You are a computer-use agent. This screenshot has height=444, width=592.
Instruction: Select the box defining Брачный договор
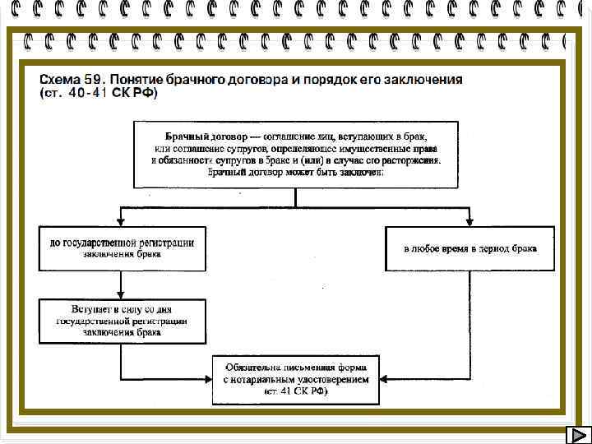(x=296, y=154)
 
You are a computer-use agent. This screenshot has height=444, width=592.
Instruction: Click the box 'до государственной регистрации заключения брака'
(x=122, y=248)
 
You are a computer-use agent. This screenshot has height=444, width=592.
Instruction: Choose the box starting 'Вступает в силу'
(x=122, y=321)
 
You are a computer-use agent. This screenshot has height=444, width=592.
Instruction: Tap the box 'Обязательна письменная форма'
(x=296, y=380)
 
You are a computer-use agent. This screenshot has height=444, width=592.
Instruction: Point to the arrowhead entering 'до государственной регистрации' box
(x=122, y=221)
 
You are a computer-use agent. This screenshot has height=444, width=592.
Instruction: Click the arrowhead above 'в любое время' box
(x=470, y=221)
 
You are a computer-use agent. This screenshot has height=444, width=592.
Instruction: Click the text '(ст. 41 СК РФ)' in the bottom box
(x=296, y=392)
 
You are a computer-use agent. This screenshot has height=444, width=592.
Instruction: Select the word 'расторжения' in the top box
(x=410, y=160)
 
